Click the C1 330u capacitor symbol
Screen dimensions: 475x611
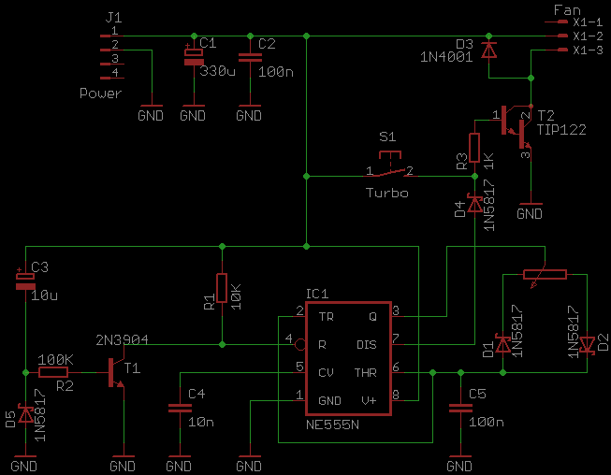tap(193, 57)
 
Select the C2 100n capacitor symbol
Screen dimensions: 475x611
tap(249, 57)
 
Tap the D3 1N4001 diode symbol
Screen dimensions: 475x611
tap(487, 49)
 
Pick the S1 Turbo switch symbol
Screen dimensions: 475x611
tap(392, 171)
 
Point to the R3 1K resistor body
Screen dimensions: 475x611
tap(474, 148)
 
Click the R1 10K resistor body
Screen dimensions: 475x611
tap(222, 289)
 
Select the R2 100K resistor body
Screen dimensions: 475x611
tap(56, 371)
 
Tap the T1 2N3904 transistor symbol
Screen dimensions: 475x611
tap(117, 371)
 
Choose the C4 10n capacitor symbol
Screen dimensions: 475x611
tap(178, 408)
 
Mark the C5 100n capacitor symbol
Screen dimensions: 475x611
tap(459, 408)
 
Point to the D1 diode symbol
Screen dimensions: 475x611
tap(502, 345)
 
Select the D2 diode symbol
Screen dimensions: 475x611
tap(587, 345)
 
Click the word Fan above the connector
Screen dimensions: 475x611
tap(567, 10)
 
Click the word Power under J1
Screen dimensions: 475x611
tap(100, 94)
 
